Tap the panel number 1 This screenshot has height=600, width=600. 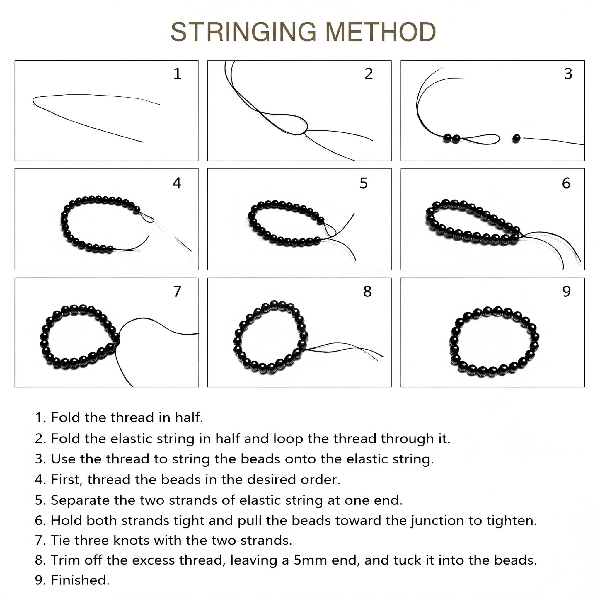coord(177,74)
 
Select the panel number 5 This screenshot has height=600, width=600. coord(363,183)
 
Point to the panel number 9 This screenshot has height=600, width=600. coord(567,291)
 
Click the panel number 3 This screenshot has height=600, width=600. coord(568,74)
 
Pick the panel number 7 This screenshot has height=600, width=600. coord(177,291)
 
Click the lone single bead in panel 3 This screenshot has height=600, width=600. coord(516,139)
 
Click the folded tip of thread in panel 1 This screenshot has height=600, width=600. coord(33,100)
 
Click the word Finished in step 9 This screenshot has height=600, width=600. coord(79,580)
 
